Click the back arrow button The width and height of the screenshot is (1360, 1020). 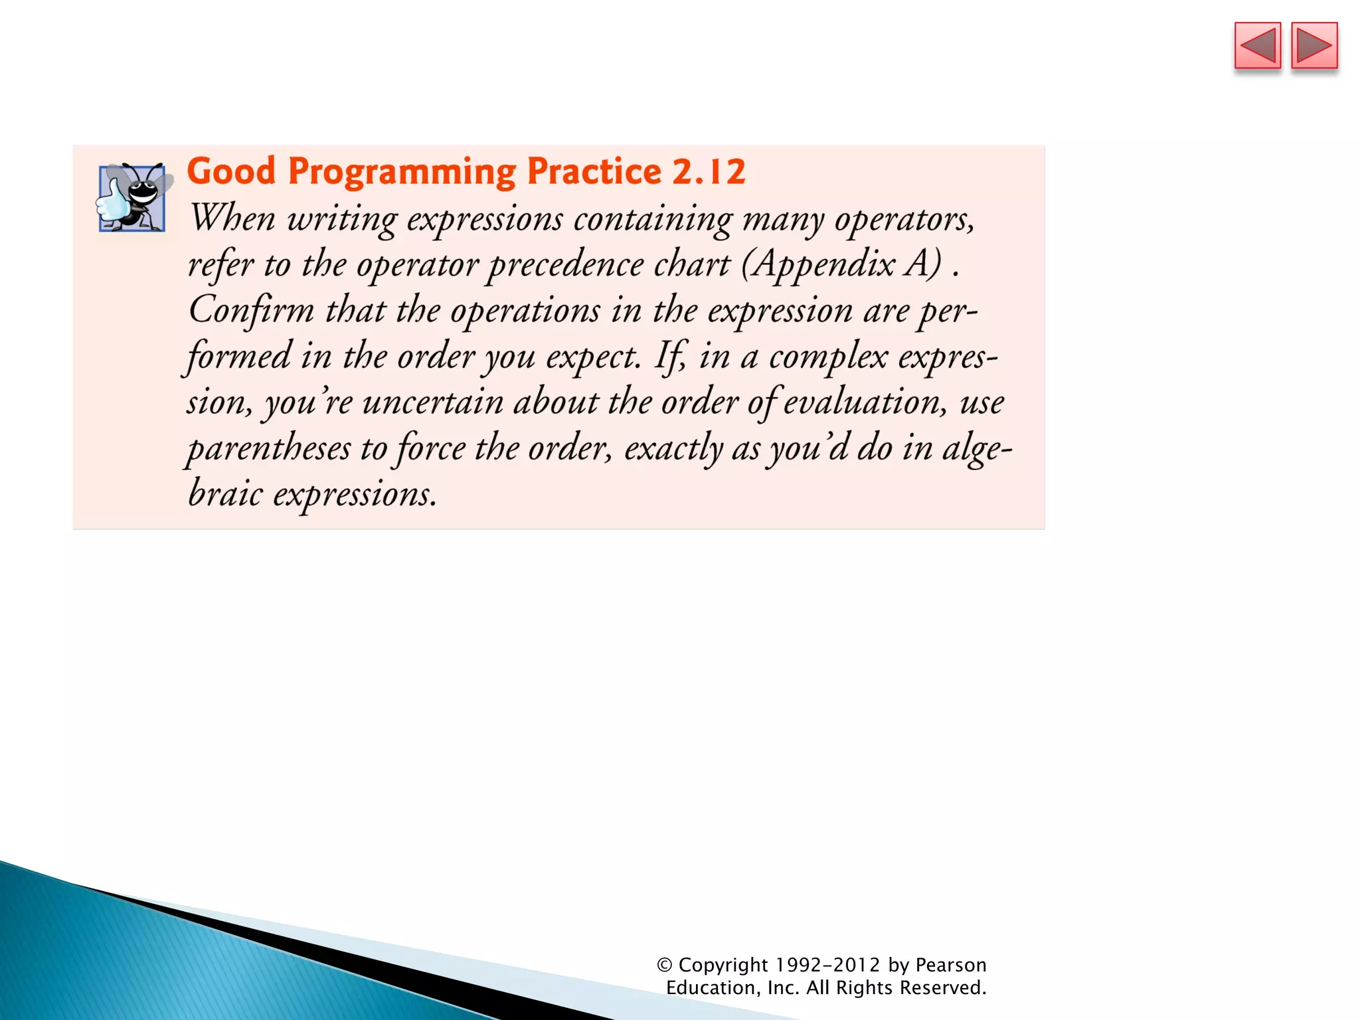pyautogui.click(x=1257, y=46)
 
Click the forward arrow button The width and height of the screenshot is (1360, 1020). pyautogui.click(x=1314, y=46)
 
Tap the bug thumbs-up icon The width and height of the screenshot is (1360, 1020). pyautogui.click(x=132, y=197)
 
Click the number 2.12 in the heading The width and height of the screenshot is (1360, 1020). pyautogui.click(x=708, y=171)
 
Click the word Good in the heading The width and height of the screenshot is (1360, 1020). pyautogui.click(x=230, y=171)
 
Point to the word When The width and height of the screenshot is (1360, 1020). pyautogui.click(x=232, y=218)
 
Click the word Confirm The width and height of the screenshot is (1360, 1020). pyautogui.click(x=251, y=311)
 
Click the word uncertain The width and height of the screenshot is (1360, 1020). pyautogui.click(x=432, y=402)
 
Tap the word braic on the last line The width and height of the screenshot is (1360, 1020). pyautogui.click(x=225, y=494)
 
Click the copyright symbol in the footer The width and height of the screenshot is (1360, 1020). pyautogui.click(x=664, y=965)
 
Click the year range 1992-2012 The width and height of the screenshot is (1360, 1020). pyautogui.click(x=827, y=965)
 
